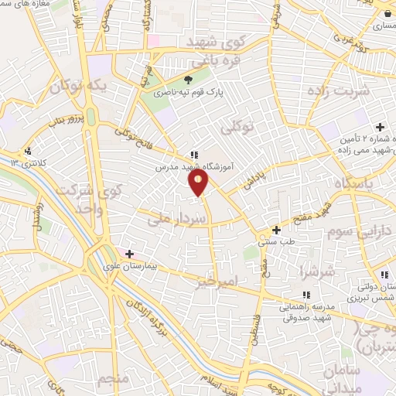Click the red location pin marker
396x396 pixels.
[199, 183]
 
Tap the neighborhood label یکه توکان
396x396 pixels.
[77, 87]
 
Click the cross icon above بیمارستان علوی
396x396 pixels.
[129, 253]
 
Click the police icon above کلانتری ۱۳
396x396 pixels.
[28, 151]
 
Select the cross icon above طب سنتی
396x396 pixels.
[275, 230]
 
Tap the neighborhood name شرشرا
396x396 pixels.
[317, 272]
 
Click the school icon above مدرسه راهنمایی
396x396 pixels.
[306, 295]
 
